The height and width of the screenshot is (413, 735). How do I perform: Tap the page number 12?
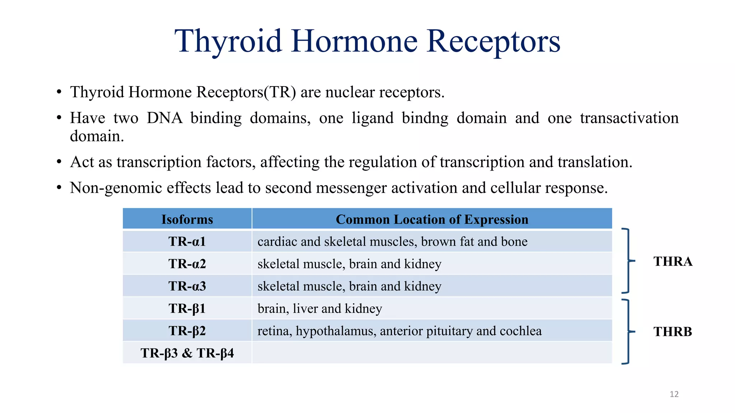point(674,394)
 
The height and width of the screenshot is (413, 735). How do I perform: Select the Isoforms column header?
point(187,219)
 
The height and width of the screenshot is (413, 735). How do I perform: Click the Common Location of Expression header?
point(432,219)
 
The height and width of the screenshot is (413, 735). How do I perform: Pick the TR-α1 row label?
point(187,241)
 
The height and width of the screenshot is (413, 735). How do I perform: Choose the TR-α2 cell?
point(187,264)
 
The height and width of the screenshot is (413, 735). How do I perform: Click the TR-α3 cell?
point(187,286)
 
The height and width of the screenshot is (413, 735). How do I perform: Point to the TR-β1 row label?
point(187,308)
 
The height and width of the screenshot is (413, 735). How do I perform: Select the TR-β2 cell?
point(187,331)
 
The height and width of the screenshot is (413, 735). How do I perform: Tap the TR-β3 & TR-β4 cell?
point(187,353)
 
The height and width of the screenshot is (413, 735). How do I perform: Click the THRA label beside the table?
point(673,261)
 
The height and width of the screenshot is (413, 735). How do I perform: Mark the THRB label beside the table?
point(673,332)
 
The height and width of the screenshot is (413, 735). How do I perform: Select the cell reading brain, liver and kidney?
point(319,309)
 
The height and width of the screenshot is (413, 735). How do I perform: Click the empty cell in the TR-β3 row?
point(432,353)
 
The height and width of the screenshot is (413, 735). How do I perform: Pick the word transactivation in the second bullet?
point(629,118)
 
